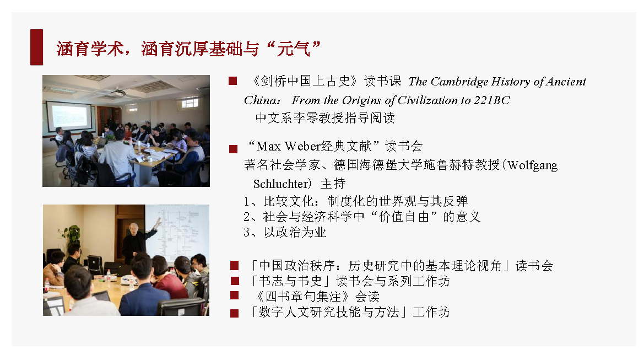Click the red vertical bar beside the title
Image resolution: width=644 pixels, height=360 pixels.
(36, 47)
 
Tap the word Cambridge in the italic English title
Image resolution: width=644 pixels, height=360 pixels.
(459, 82)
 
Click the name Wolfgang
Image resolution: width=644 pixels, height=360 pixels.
(533, 165)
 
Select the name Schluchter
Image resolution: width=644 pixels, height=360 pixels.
(280, 184)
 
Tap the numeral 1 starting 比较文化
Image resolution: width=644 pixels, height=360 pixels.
(246, 202)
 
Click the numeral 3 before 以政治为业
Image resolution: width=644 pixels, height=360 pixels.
(246, 233)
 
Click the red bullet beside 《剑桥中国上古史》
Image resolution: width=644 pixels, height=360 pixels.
(233, 81)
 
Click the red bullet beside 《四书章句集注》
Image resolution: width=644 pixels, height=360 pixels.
(235, 295)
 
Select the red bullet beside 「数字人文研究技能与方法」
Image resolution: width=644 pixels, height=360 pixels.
(235, 313)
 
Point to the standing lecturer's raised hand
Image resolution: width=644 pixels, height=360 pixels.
(158, 222)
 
